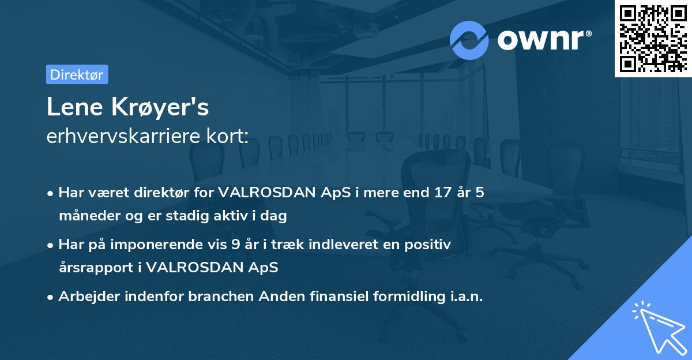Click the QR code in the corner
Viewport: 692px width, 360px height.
(653, 38)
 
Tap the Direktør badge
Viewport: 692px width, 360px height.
(77, 74)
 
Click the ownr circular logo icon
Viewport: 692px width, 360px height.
(469, 40)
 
